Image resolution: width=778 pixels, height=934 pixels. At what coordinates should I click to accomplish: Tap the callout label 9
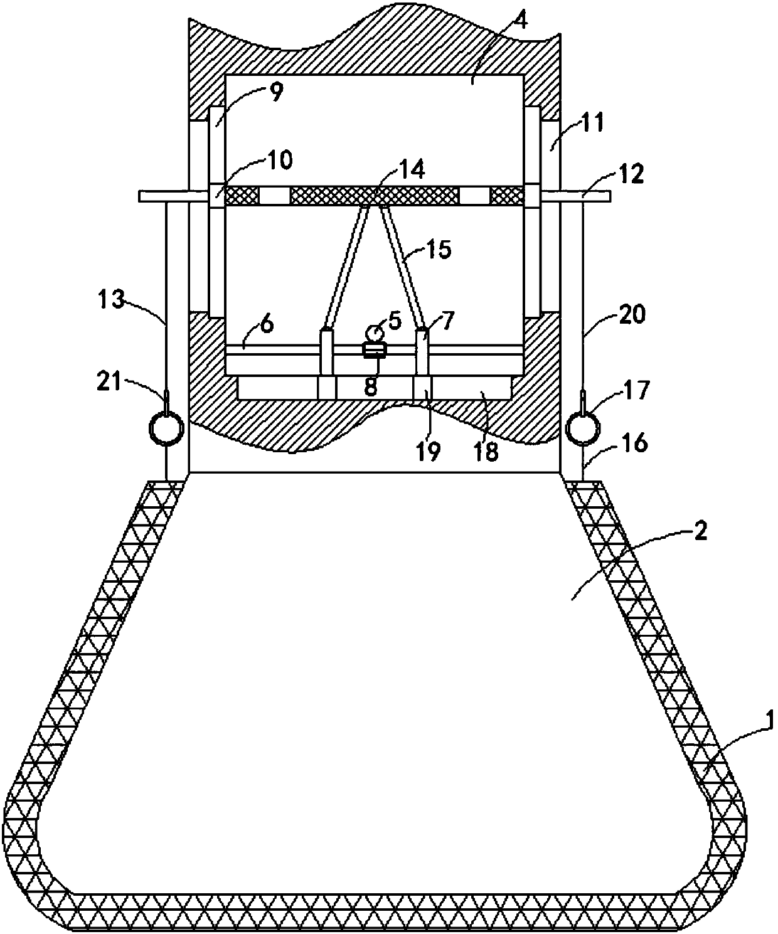(276, 92)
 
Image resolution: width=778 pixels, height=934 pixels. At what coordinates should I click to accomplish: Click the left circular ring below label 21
(166, 428)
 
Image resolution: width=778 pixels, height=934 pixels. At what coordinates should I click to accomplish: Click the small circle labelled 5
(374, 332)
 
